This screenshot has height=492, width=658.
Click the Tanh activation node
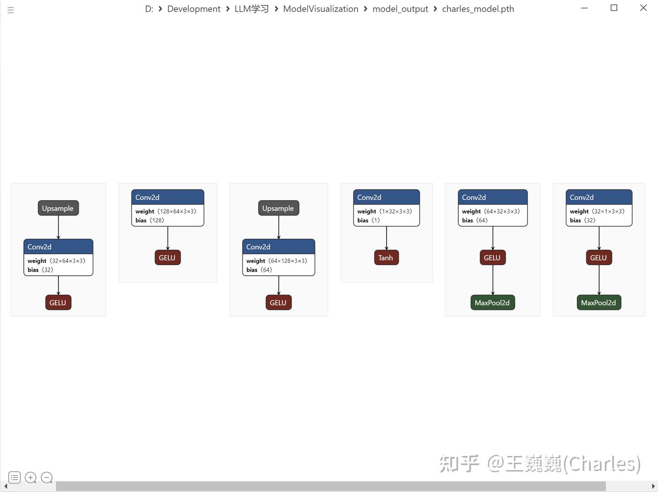tap(386, 258)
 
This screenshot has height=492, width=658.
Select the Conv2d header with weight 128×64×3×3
tap(167, 197)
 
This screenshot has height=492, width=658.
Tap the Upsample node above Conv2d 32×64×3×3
tap(58, 208)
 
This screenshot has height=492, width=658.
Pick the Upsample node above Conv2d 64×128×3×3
tap(278, 208)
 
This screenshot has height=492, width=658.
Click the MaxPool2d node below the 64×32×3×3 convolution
tap(492, 303)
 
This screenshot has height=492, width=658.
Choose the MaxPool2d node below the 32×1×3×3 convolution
tap(599, 303)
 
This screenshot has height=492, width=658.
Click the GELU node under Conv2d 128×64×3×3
tap(167, 258)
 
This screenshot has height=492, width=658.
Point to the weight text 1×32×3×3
tap(395, 211)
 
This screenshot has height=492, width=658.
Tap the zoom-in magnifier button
tap(31, 478)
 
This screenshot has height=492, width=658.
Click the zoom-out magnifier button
tap(47, 478)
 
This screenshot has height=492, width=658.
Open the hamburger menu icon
tap(11, 10)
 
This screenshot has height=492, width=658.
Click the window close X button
tap(643, 8)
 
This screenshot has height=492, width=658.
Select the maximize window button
tap(614, 8)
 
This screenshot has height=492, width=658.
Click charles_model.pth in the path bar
tap(478, 9)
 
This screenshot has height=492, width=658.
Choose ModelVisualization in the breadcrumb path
tap(320, 9)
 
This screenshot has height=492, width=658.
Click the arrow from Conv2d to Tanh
tap(387, 238)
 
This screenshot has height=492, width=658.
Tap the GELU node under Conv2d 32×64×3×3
tap(58, 303)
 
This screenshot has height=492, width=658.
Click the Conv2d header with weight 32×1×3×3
tap(599, 197)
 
